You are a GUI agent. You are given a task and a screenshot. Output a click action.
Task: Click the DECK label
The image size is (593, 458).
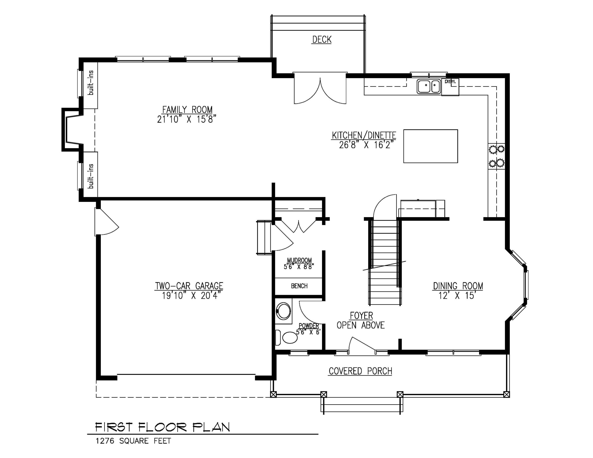[322, 40]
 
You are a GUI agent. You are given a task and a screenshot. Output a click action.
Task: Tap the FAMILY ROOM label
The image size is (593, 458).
[187, 110]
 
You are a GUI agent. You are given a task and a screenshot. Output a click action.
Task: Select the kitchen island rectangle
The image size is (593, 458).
[431, 146]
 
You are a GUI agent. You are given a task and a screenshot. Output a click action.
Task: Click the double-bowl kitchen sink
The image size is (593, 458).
[429, 87]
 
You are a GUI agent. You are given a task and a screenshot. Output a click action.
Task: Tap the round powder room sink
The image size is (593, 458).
[284, 311]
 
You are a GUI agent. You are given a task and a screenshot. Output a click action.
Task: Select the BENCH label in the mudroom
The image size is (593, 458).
[299, 286]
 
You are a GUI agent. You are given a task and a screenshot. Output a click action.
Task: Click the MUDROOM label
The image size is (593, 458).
[300, 260]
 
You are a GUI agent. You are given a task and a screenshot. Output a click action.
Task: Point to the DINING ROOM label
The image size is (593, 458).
[458, 286]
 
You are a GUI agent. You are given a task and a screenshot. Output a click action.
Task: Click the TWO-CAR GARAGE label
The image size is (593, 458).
[189, 286]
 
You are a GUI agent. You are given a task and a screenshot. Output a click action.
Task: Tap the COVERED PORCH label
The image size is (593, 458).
[360, 371]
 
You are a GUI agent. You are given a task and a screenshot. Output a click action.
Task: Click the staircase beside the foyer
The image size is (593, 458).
[385, 263]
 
